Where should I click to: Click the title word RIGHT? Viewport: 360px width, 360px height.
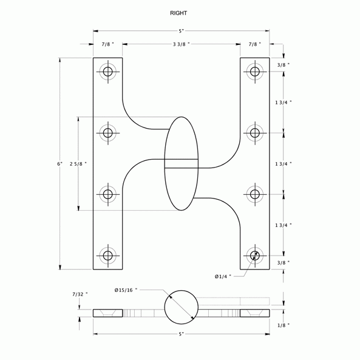178,13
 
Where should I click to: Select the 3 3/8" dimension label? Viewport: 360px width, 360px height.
181,44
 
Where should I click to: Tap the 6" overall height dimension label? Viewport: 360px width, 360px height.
59,164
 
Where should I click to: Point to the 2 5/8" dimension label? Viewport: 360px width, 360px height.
78,164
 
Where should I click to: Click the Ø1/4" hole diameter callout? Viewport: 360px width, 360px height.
223,276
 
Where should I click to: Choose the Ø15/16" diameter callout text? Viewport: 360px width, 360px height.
126,290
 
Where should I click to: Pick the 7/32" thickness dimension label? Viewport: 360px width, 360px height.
80,294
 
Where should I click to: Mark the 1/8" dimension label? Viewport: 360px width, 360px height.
284,325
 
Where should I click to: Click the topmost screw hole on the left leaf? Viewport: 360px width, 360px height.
108,72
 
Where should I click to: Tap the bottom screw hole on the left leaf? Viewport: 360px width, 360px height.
108,255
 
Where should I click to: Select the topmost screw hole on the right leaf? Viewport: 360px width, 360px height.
255,72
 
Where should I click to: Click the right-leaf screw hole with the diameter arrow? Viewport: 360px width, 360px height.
255,255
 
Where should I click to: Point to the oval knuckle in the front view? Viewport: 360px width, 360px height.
182,164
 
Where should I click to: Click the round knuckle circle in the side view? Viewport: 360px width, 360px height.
182,307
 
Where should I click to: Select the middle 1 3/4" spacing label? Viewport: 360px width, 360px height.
284,164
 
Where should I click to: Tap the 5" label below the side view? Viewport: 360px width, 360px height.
181,335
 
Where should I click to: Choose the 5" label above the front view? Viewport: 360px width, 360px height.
181,31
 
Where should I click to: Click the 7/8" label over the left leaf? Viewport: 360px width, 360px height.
107,44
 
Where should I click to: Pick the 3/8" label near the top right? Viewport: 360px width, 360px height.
284,65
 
